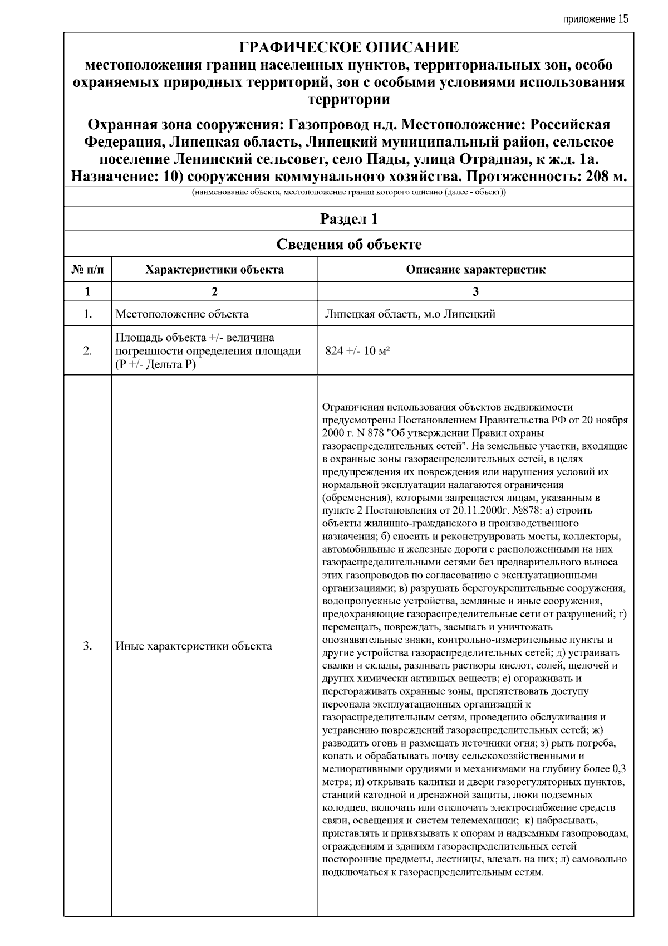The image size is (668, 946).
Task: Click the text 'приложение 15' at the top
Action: pyautogui.click(x=595, y=19)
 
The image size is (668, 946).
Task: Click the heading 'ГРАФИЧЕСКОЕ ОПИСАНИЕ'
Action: pyautogui.click(x=348, y=47)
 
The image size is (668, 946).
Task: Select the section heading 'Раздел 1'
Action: pyautogui.click(x=348, y=219)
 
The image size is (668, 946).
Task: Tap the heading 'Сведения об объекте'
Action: pyautogui.click(x=348, y=245)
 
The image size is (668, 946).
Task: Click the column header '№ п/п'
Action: pyautogui.click(x=87, y=270)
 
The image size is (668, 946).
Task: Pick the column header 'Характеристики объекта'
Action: pyautogui.click(x=214, y=270)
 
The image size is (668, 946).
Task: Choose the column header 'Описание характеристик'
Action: pyautogui.click(x=475, y=270)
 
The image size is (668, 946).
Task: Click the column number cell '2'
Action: pyautogui.click(x=214, y=291)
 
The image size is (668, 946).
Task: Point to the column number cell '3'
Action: pyautogui.click(x=475, y=291)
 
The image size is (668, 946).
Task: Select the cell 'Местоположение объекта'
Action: pyautogui.click(x=182, y=314)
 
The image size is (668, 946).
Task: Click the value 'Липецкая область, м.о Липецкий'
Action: pyautogui.click(x=410, y=314)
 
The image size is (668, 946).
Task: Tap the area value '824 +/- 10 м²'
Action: pyautogui.click(x=357, y=352)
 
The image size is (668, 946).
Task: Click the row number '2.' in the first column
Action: pyautogui.click(x=87, y=352)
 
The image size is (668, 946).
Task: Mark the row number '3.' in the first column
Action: pyautogui.click(x=87, y=646)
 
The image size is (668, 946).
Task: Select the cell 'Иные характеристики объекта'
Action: pyautogui.click(x=194, y=646)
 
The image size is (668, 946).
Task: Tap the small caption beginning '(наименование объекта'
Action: pyautogui.click(x=348, y=193)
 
